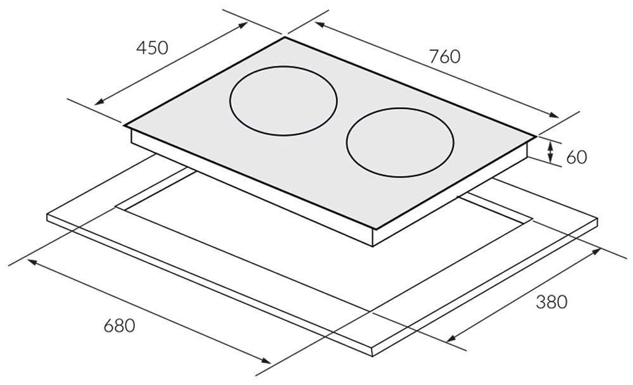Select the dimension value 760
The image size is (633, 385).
tap(445, 56)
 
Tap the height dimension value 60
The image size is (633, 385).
tap(576, 156)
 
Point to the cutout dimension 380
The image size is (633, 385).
tap(551, 302)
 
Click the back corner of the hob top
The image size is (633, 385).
tap(285, 37)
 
